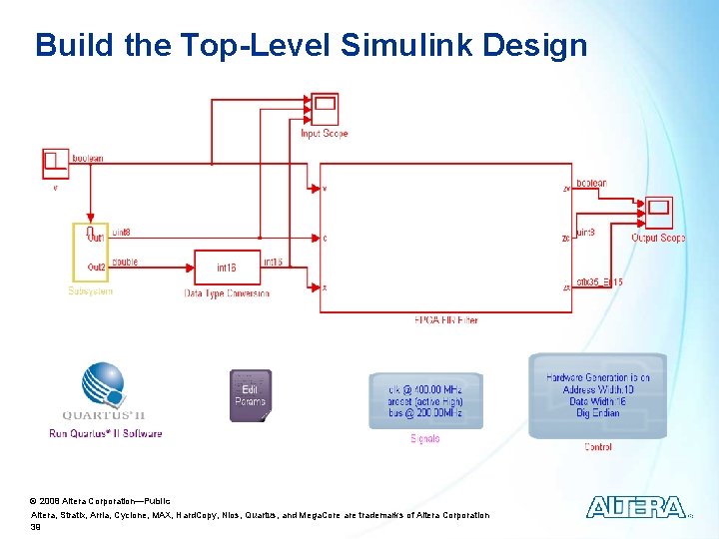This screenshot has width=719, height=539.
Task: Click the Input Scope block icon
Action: tap(325, 107)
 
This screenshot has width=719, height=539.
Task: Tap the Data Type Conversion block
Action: tap(227, 268)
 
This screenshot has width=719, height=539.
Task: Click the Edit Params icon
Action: tap(250, 395)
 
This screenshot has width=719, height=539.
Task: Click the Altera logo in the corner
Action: tap(636, 507)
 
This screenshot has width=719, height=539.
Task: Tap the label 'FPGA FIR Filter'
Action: tap(445, 320)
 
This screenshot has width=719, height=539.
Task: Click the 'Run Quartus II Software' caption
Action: tap(105, 433)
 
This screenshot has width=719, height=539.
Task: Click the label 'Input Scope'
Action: tap(325, 133)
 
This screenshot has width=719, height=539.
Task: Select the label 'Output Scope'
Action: tap(658, 239)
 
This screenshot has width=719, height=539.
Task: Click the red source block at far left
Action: tap(55, 163)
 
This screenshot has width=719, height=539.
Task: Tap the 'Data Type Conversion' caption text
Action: tap(227, 293)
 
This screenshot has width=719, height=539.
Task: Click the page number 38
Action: tap(36, 528)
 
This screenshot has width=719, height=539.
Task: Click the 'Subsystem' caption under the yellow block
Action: tap(90, 291)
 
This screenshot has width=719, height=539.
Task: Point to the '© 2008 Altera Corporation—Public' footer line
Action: tap(100, 500)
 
